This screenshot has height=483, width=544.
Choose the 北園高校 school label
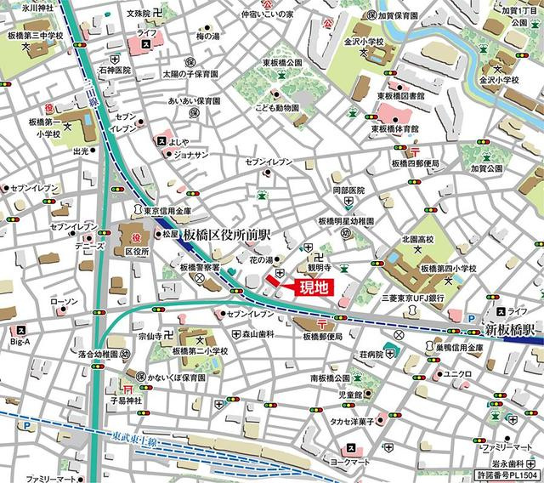(417, 239)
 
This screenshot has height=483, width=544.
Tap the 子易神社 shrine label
(122, 400)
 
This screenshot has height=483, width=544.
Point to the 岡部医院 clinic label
(348, 190)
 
